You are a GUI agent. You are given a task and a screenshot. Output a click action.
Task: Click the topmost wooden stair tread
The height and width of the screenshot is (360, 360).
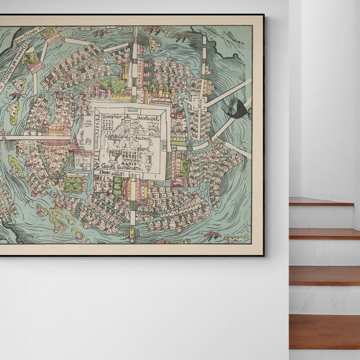pyautogui.click(x=321, y=202)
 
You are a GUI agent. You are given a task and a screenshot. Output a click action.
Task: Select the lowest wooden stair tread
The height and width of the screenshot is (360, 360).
pyautogui.click(x=325, y=331)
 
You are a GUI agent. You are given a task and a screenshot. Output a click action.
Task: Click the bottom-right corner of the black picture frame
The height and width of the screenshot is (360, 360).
pyautogui.click(x=263, y=255)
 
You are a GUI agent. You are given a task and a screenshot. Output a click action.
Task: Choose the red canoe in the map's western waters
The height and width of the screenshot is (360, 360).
pyautogui.click(x=17, y=94)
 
